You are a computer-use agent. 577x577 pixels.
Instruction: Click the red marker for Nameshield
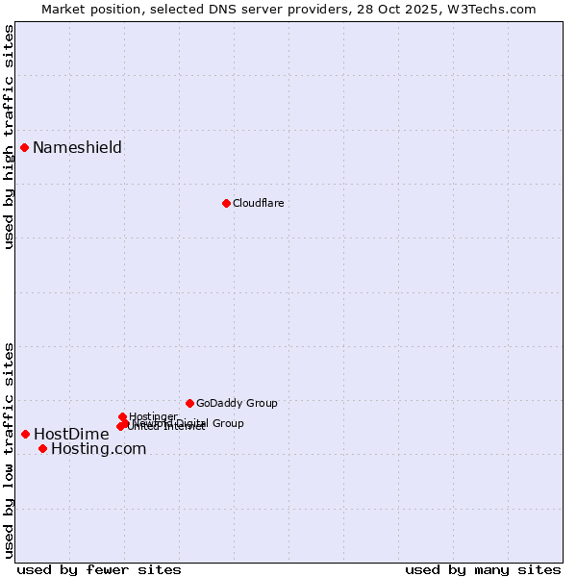pyautogui.click(x=25, y=147)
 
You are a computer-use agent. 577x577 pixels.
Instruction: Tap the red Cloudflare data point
pyautogui.click(x=226, y=203)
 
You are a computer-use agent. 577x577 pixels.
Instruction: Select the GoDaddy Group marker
pyautogui.click(x=189, y=403)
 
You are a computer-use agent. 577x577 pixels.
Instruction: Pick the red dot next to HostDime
pyautogui.click(x=25, y=434)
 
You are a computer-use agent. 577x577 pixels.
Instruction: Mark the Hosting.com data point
pyautogui.click(x=42, y=448)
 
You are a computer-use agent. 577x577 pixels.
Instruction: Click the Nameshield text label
pyautogui.click(x=77, y=147)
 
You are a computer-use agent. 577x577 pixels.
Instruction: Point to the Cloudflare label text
pyautogui.click(x=258, y=203)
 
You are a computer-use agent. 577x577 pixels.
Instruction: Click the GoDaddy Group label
pyautogui.click(x=237, y=403)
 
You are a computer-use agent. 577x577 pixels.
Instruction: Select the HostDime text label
pyautogui.click(x=71, y=434)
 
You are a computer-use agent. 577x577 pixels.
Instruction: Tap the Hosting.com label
pyautogui.click(x=98, y=448)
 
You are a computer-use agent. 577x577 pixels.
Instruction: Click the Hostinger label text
pyautogui.click(x=153, y=416)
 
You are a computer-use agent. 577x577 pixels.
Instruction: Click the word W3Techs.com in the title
pyautogui.click(x=496, y=9)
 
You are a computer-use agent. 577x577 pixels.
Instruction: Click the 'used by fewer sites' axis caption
pyautogui.click(x=99, y=569)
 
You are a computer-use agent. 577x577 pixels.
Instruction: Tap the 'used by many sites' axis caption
pyautogui.click(x=483, y=569)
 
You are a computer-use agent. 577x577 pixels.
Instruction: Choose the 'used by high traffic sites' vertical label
pyautogui.click(x=9, y=138)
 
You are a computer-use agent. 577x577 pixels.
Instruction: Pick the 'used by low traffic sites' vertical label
pyautogui.click(x=9, y=450)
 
